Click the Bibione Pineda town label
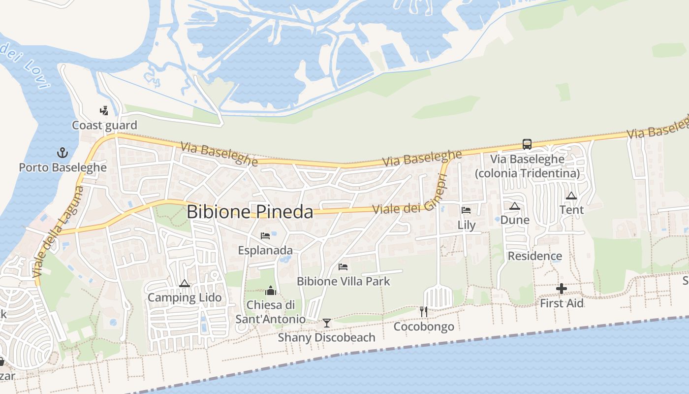tap(250, 212)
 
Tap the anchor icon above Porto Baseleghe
tap(63, 152)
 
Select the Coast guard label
tap(104, 125)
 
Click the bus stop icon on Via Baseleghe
tap(527, 144)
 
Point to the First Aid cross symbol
tap(562, 289)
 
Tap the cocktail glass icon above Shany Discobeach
tap(326, 323)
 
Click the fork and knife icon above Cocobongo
tap(423, 311)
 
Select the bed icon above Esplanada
tap(265, 236)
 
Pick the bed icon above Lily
tap(466, 210)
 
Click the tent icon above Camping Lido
tap(185, 283)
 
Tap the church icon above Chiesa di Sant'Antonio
tap(271, 291)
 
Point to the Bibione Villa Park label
tap(343, 281)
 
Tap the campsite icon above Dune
tap(515, 206)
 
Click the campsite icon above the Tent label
tap(571, 196)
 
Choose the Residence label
tap(534, 256)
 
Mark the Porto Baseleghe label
tap(63, 167)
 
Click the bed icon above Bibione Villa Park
tap(343, 267)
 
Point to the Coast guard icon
tap(104, 111)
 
